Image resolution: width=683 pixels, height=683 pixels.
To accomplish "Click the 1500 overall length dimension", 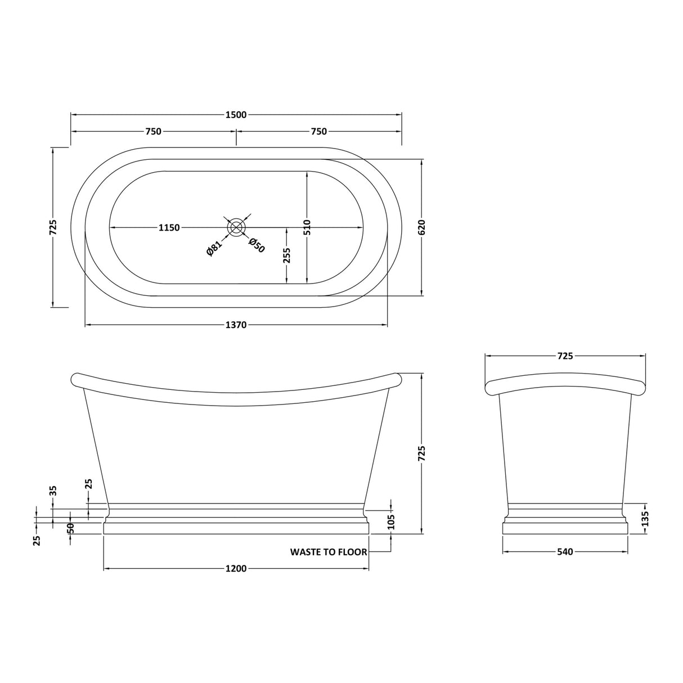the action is (x=236, y=115).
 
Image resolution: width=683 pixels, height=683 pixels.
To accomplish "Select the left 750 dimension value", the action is (x=154, y=132).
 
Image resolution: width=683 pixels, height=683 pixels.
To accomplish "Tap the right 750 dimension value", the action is (x=319, y=132).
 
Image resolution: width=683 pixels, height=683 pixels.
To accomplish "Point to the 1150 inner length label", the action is (x=169, y=227).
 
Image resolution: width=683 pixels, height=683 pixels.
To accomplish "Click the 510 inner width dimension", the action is (x=307, y=227).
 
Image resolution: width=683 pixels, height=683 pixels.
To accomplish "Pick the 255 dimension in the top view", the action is (x=287, y=255).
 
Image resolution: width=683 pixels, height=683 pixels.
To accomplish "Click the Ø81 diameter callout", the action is (x=214, y=248).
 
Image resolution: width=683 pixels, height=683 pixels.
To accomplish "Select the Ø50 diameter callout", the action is (x=257, y=245).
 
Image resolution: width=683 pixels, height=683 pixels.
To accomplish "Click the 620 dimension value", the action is (x=421, y=227).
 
